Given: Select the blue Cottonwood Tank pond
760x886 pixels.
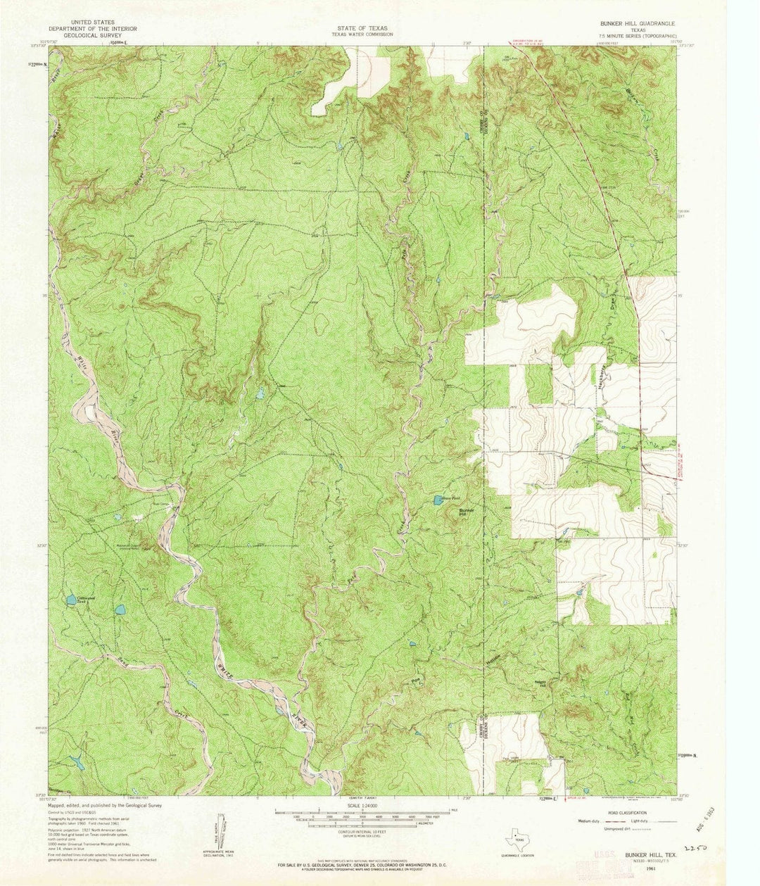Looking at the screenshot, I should click(70, 600).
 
